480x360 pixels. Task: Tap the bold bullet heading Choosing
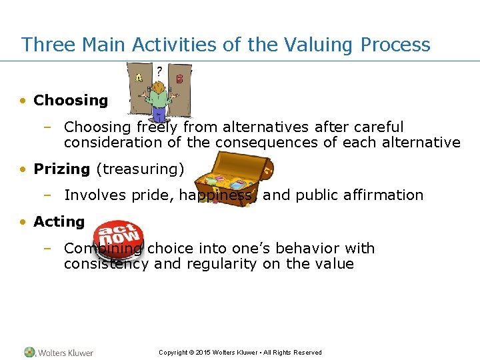(x=70, y=101)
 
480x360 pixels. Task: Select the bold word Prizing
(x=61, y=169)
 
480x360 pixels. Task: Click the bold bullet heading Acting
(x=59, y=222)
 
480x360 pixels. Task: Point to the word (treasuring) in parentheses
(x=140, y=169)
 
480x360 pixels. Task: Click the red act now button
(x=119, y=234)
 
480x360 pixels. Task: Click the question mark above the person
(x=159, y=70)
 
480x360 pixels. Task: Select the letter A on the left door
(x=139, y=77)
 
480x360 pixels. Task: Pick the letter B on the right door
(x=179, y=79)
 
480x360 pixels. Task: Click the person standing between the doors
(x=159, y=97)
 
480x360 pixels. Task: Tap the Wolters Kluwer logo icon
(x=29, y=352)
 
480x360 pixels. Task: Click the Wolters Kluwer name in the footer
(x=65, y=353)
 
